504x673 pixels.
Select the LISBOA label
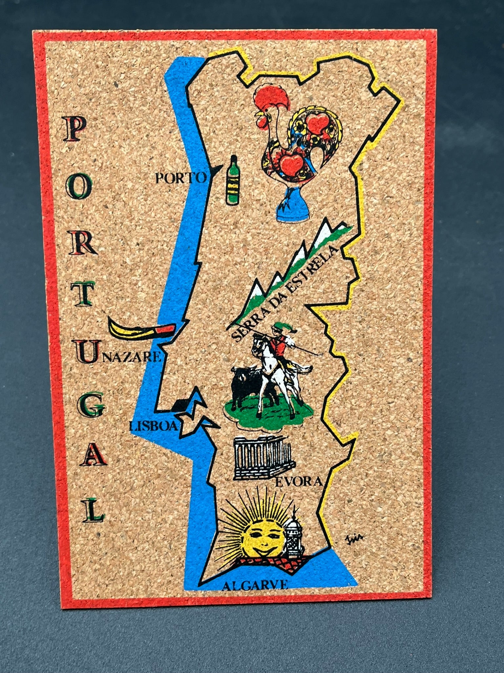click(x=153, y=426)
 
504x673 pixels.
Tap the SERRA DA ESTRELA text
click(x=282, y=293)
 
